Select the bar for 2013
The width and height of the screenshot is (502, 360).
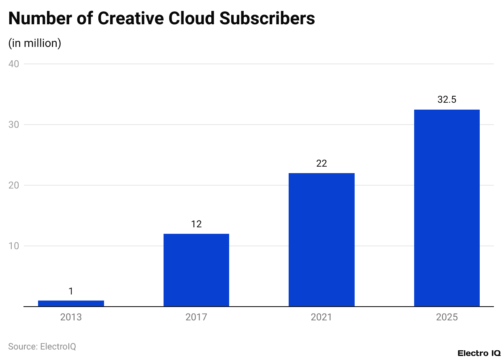tap(71, 303)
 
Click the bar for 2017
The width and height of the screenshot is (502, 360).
tap(196, 270)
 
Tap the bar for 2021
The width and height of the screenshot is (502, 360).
tap(321, 239)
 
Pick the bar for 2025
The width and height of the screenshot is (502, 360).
tap(447, 208)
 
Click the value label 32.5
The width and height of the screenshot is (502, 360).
tap(447, 100)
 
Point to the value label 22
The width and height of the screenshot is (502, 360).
tap(321, 163)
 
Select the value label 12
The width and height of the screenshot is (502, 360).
tap(196, 224)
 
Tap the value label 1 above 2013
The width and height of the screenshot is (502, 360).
tap(71, 291)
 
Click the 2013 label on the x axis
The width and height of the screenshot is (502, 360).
tap(71, 317)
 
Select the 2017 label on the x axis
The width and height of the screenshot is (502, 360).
tap(196, 317)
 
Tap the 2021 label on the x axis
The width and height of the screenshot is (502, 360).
tap(321, 317)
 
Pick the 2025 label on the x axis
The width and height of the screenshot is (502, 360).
tap(447, 317)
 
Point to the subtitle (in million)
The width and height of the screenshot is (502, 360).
tap(35, 43)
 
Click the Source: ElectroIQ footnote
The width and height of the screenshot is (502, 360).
tap(42, 347)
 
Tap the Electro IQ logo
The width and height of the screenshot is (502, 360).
tap(479, 353)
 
